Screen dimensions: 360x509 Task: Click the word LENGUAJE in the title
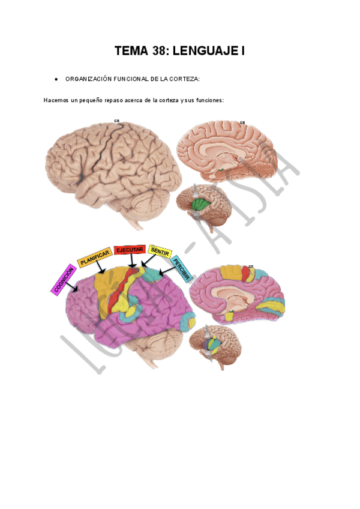coord(206,52)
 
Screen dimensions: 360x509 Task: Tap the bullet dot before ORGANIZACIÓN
coord(55,79)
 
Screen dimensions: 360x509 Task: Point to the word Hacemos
coord(55,100)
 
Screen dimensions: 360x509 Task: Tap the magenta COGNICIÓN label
coord(64,280)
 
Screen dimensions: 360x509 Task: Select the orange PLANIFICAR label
coord(95,258)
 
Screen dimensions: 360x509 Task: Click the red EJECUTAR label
coord(129,250)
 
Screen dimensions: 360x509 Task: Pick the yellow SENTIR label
coord(160,252)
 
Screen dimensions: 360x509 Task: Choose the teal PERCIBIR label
coord(181,270)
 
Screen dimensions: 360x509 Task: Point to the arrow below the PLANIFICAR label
coord(102,270)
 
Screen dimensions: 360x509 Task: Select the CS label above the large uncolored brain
coord(117,121)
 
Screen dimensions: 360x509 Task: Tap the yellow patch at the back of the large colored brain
coord(191,324)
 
